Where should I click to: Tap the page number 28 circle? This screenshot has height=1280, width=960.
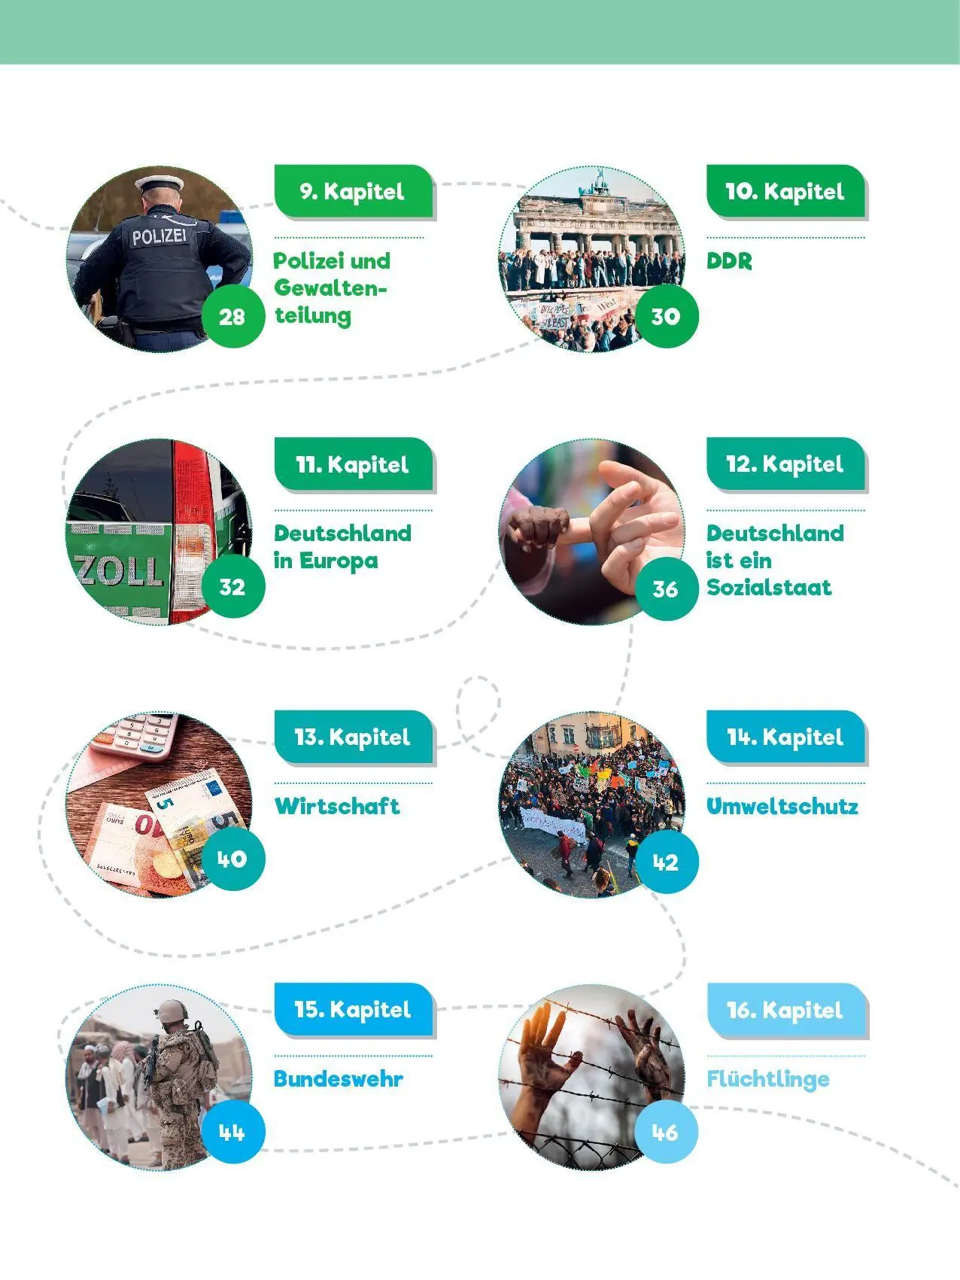point(232,316)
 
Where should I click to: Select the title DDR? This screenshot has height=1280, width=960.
point(729,262)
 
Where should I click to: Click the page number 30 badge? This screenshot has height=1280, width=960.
point(666,316)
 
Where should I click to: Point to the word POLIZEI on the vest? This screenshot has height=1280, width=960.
point(159,237)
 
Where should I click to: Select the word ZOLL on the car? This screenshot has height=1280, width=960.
point(119,571)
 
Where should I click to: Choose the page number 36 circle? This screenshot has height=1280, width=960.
point(666,588)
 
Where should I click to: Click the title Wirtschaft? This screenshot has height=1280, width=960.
point(337,806)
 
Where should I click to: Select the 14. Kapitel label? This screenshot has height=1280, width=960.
point(785,737)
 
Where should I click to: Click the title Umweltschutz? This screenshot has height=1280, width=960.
point(782,806)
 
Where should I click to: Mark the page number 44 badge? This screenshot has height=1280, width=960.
point(232,1132)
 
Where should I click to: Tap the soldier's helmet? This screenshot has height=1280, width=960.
point(172,1010)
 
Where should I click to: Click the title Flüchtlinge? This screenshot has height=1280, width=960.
point(768,1079)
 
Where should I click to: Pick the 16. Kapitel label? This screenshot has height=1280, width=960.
point(785,1010)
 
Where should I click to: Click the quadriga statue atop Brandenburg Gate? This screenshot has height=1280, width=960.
point(600,181)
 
